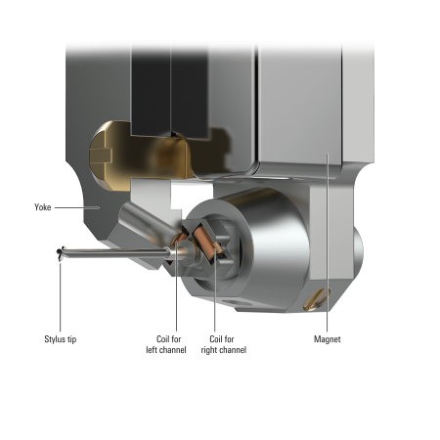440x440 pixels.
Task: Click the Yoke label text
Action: point(43,207)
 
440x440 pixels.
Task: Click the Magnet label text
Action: point(328,338)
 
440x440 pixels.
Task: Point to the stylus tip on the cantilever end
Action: point(62,252)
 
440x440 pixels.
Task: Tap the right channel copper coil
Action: point(202,240)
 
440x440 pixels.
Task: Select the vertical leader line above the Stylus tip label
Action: point(61,293)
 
